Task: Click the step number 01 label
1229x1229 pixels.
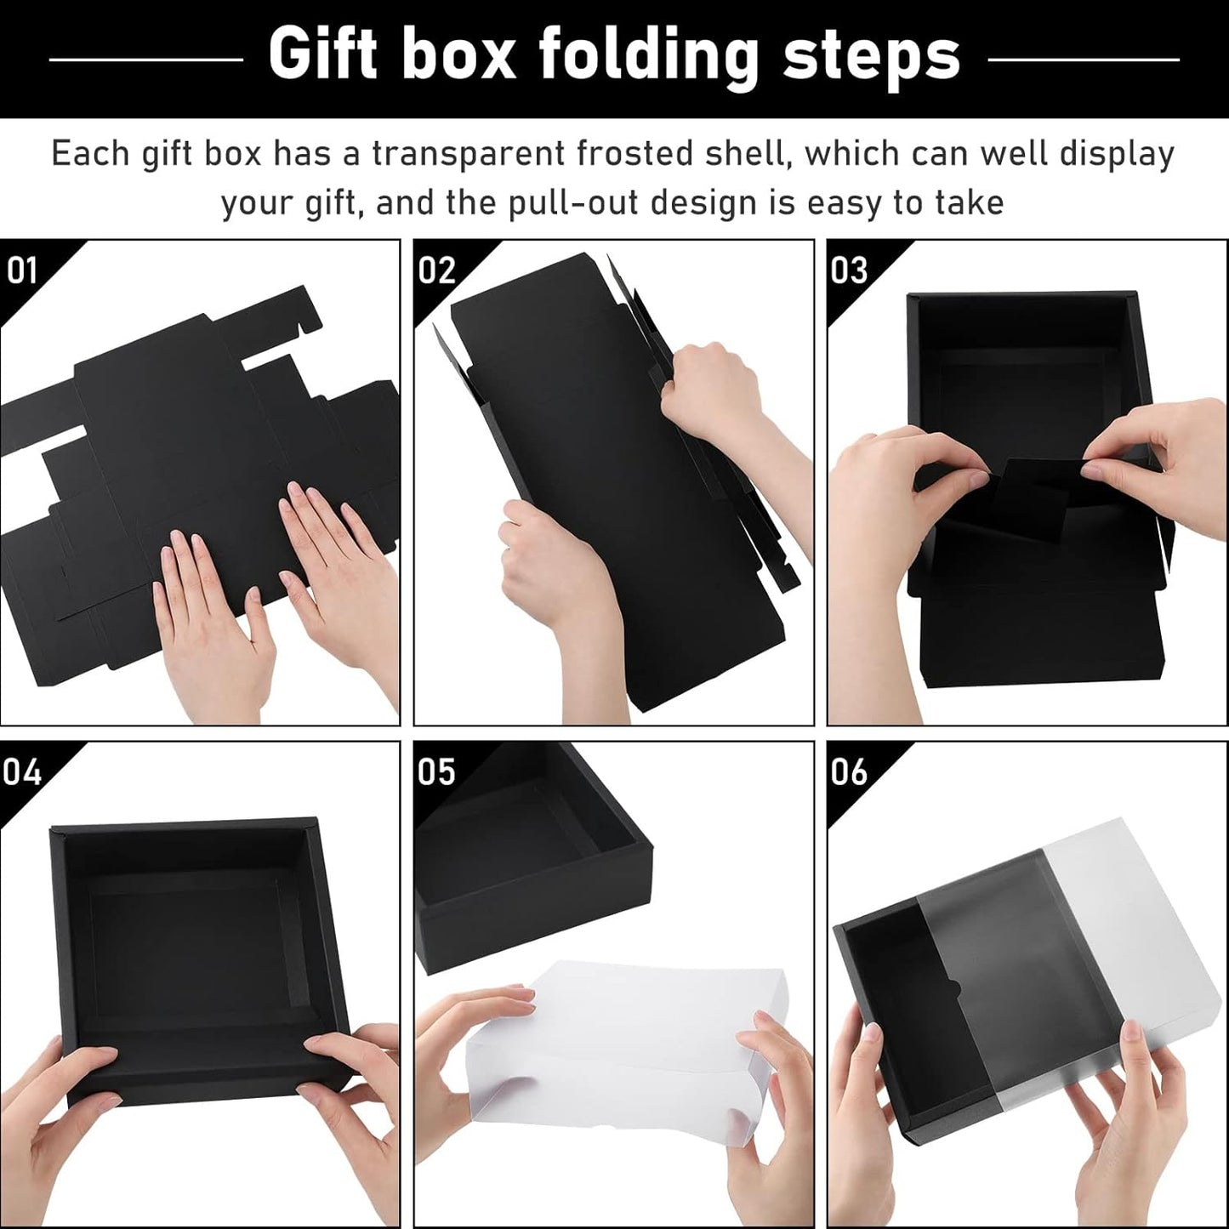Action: click(22, 270)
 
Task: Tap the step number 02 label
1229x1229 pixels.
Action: click(437, 270)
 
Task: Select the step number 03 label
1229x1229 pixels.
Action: click(849, 270)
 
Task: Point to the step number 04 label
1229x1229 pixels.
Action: click(22, 771)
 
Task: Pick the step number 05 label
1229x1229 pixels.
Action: click(437, 771)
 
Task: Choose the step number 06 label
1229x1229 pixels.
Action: click(849, 771)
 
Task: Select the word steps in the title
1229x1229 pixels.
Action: click(871, 58)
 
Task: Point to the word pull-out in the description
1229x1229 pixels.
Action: click(553, 204)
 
